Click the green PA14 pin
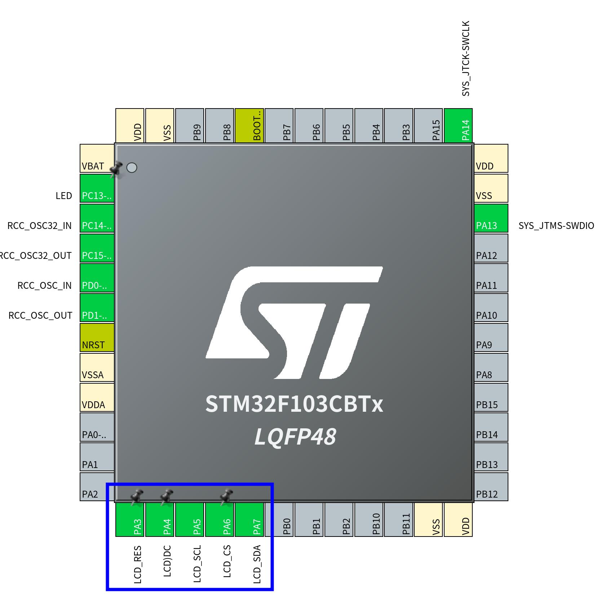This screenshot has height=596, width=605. (458, 125)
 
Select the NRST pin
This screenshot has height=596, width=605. (97, 337)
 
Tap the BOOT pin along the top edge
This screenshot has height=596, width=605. (249, 125)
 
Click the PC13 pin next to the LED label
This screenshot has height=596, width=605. (97, 188)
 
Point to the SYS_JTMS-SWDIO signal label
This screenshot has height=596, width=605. (556, 226)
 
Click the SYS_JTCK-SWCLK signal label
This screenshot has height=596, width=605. (466, 58)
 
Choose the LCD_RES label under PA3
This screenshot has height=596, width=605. (137, 564)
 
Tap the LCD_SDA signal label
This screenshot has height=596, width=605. (257, 564)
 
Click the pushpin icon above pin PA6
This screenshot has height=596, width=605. (226, 496)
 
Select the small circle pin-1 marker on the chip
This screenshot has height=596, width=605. (132, 168)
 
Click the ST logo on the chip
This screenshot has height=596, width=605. (294, 323)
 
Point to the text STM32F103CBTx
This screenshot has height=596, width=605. (294, 404)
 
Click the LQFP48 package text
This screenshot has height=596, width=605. (295, 437)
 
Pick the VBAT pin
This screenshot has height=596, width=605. (97, 158)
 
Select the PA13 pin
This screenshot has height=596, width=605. (491, 218)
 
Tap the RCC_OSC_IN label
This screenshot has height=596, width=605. (45, 286)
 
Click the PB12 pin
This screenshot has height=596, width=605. (491, 487)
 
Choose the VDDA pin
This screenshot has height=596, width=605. (97, 397)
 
